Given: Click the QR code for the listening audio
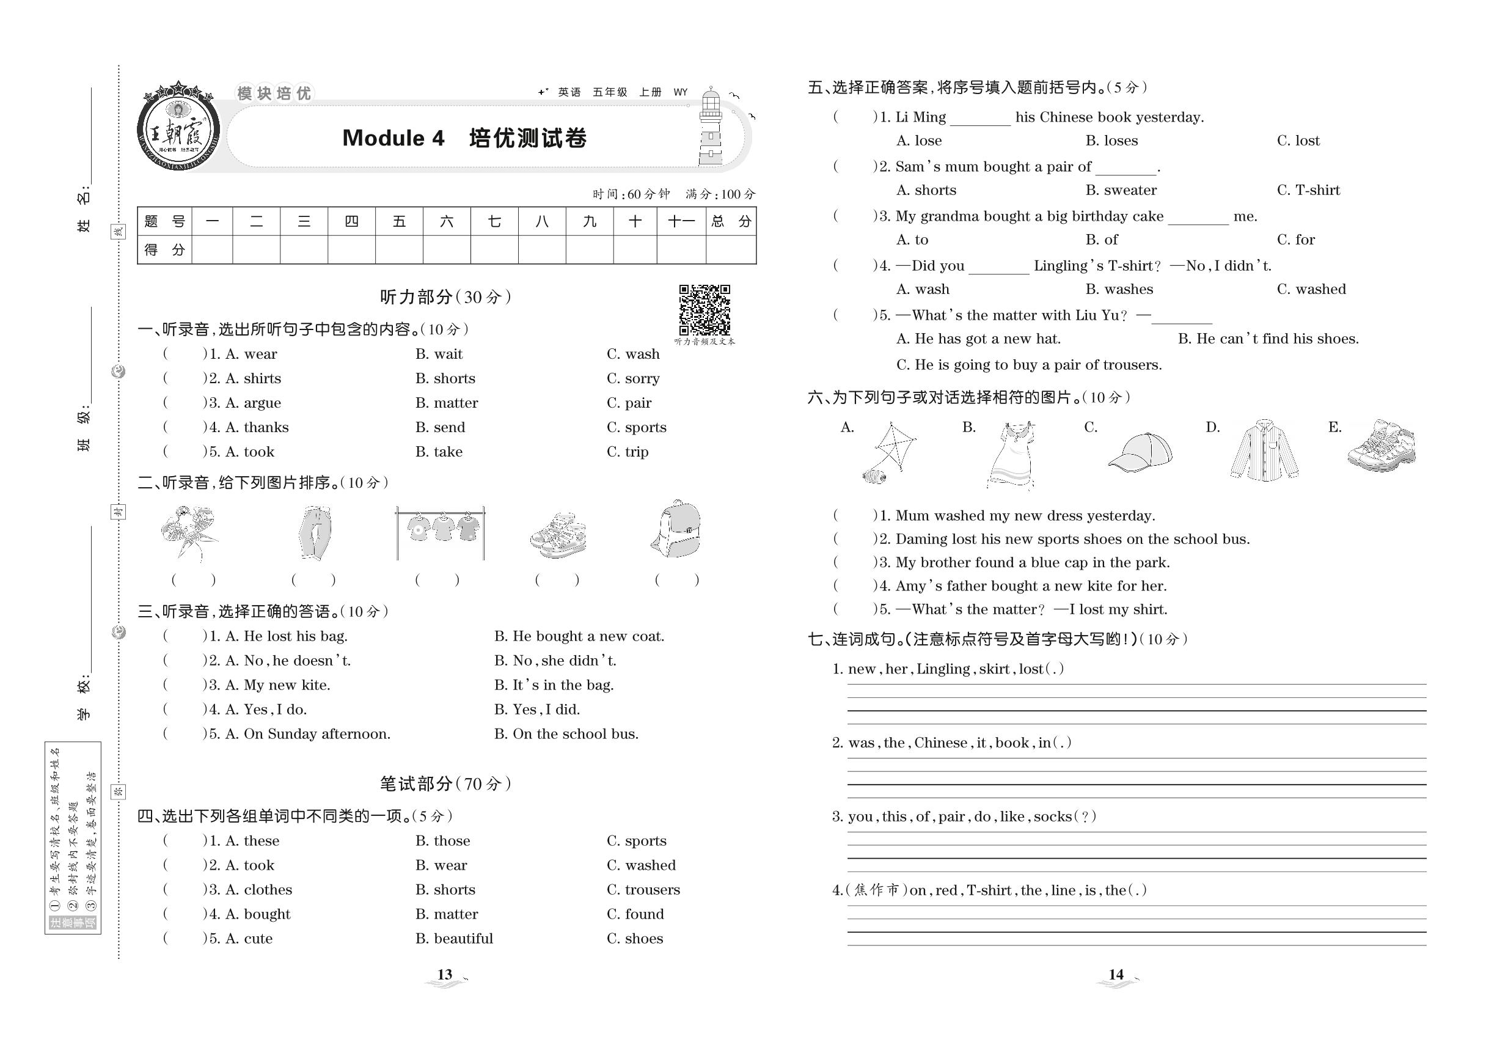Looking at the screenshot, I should (x=705, y=309).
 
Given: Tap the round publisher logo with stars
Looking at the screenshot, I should (x=178, y=128).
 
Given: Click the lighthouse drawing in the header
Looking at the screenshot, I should (x=711, y=128).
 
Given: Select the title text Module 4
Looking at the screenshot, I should (x=393, y=138).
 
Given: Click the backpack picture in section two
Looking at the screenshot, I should (x=677, y=529).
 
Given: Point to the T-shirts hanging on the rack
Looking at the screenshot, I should (x=441, y=529).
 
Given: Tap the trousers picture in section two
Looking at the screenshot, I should (x=317, y=532).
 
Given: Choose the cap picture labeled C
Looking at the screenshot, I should (x=1140, y=451).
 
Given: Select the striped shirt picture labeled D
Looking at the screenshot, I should (x=1264, y=451).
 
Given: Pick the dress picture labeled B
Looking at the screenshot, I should (x=1011, y=453).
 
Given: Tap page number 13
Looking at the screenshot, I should (x=445, y=975).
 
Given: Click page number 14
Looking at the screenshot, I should (x=1116, y=975).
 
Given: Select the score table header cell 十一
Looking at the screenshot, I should (x=681, y=222).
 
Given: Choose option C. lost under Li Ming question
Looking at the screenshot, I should (x=1298, y=141).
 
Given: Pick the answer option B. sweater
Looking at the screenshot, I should (x=1121, y=190).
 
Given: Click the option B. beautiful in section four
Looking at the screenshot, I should (x=453, y=938).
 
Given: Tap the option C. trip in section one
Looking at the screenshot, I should (x=628, y=452).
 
